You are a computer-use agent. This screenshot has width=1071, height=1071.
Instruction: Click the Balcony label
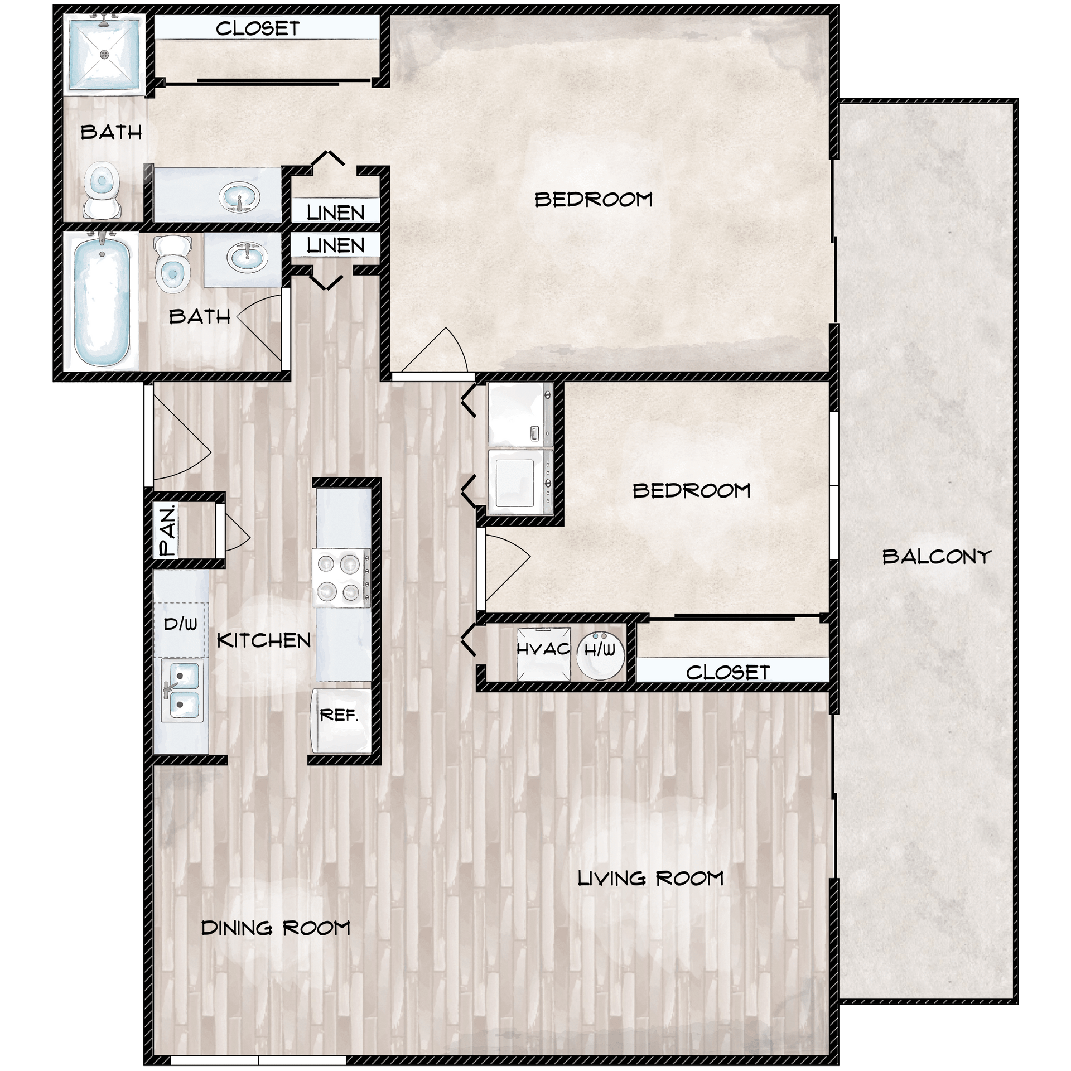click(x=937, y=556)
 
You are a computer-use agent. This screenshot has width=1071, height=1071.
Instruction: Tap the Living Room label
click(x=650, y=878)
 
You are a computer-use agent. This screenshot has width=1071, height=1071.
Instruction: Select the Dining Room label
click(x=276, y=928)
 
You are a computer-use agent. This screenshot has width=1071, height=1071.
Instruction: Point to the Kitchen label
click(x=263, y=640)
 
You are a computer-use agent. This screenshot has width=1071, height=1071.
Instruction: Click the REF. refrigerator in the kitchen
click(x=339, y=720)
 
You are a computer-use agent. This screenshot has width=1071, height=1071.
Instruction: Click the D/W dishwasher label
click(x=180, y=624)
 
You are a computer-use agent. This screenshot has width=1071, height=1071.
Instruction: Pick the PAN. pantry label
click(x=167, y=529)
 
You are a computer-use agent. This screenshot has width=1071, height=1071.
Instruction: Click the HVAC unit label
click(x=543, y=649)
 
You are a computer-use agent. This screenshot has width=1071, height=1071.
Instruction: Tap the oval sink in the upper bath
click(x=239, y=196)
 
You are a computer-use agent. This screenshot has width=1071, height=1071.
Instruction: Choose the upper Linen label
click(x=335, y=213)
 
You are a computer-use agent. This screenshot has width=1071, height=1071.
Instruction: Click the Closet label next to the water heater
click(x=728, y=673)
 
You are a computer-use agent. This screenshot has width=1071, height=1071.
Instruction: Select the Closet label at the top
click(x=258, y=28)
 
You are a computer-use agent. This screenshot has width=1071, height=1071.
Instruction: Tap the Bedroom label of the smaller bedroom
click(x=691, y=491)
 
